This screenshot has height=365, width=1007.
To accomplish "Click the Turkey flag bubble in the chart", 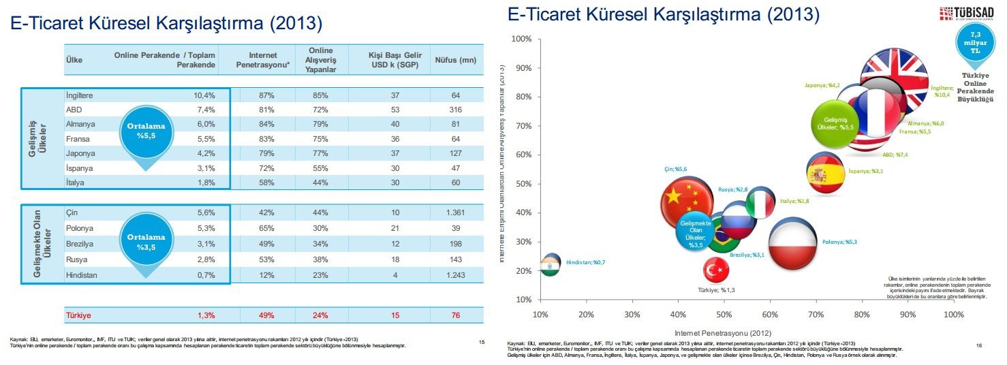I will tap(716, 270).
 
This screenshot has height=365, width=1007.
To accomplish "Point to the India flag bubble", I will tap(549, 264).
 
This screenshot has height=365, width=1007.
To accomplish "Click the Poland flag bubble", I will tap(793, 242).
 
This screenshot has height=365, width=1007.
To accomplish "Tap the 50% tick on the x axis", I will tap(724, 314).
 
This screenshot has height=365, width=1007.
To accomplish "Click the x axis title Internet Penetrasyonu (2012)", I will tap(724, 332).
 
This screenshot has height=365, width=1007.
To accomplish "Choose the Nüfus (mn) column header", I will tap(455, 60).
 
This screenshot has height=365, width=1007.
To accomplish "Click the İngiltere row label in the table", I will tap(80, 95).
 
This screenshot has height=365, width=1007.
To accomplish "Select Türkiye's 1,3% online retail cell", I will tap(206, 315).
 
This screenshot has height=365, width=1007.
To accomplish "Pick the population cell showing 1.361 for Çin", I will tap(456, 212).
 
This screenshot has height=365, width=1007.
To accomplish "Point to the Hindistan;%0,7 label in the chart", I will tap(584, 263).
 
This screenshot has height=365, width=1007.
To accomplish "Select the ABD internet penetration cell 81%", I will tap(266, 109).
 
